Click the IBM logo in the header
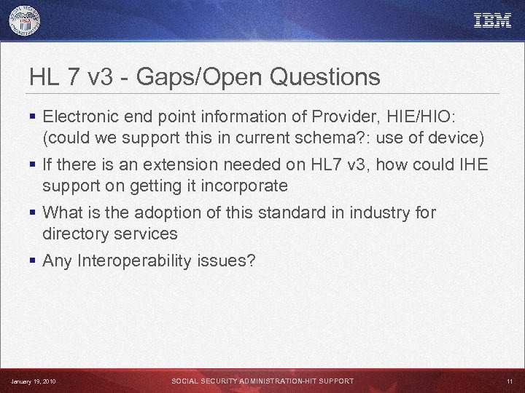493,20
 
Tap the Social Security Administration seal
25,21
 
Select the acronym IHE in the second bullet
473,164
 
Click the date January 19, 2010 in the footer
34,381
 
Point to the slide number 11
509,381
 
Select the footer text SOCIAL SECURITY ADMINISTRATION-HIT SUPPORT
262,381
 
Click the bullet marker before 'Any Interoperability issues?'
34,261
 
